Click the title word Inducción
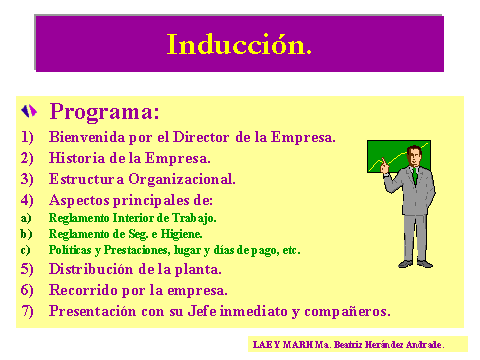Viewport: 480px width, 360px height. point(239,45)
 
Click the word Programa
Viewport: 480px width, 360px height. point(104,110)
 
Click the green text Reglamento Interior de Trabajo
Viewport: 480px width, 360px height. point(132,217)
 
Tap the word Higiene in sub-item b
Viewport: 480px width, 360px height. point(180,234)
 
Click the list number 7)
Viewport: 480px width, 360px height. point(26,311)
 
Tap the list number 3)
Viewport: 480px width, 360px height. point(26,179)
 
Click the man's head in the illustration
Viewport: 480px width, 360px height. point(415,155)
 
